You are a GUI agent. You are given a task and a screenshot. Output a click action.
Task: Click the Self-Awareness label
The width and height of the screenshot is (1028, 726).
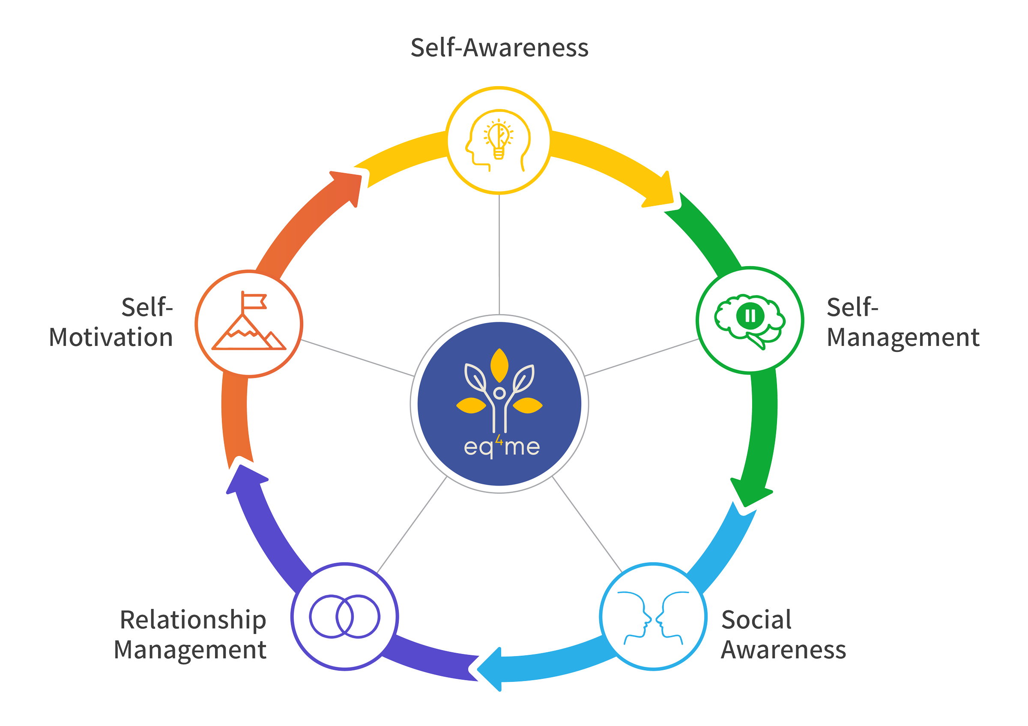499,48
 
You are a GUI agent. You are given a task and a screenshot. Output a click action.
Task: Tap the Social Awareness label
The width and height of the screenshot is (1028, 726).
783,635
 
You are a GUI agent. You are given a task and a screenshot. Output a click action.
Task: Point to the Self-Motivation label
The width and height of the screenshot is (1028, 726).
111,322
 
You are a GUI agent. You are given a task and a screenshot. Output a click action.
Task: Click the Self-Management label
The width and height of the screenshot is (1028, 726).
902,322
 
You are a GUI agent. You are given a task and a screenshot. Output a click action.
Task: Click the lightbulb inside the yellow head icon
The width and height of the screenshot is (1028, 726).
498,139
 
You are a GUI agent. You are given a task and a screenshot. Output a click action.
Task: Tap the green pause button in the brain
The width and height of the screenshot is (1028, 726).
750,316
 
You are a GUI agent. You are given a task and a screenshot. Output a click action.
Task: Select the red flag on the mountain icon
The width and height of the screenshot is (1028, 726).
254,301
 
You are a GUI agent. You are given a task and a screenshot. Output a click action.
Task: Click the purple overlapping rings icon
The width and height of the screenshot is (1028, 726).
344,617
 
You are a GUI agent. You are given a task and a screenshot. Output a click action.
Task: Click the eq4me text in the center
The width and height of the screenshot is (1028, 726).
502,447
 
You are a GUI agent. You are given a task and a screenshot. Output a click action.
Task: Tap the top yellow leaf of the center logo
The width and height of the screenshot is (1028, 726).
499,366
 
